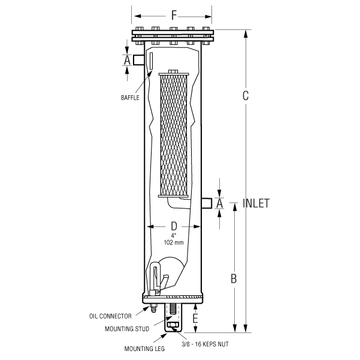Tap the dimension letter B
point(234,279)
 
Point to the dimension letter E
point(196,318)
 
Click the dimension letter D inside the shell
point(174,226)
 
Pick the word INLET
point(256,203)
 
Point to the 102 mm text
point(174,243)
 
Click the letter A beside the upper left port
point(126,60)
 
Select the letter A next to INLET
point(219,204)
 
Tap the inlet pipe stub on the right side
point(207,203)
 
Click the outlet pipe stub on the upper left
point(139,60)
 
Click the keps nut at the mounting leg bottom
point(174,326)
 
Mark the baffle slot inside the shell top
point(152,62)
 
